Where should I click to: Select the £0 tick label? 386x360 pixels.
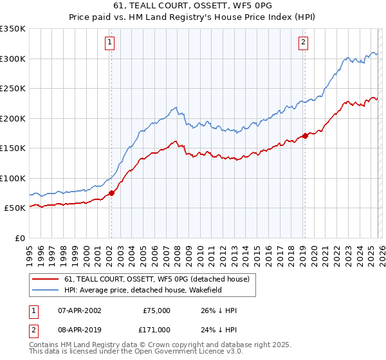tap(19, 239)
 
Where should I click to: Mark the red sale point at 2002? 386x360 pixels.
tap(111, 193)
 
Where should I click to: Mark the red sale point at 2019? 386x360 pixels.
tap(305, 136)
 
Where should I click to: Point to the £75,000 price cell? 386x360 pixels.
tap(156, 310)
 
